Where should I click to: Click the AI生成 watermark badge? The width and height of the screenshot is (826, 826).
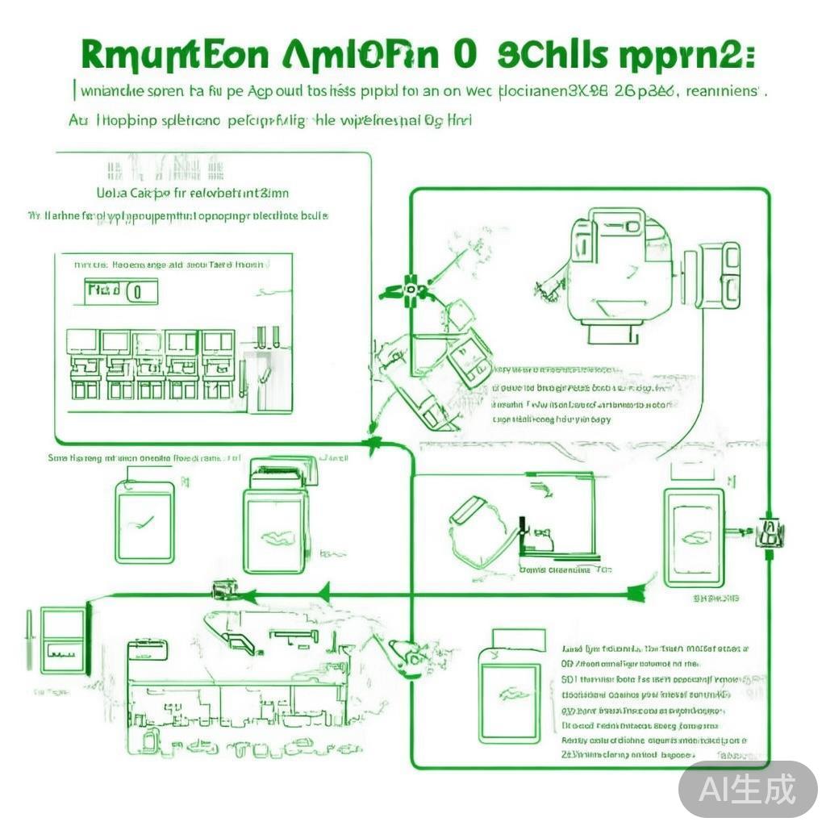tap(747, 788)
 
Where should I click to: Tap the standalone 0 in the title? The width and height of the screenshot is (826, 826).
tap(465, 56)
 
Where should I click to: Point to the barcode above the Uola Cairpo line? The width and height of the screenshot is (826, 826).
tap(165, 170)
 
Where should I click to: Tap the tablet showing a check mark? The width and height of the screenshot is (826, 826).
tap(144, 522)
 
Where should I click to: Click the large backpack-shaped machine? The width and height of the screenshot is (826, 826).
tap(609, 266)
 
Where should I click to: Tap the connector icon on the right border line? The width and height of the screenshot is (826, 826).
tap(770, 532)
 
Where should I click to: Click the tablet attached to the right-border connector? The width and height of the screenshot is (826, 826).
tap(695, 536)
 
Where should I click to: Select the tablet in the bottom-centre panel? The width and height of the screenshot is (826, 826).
tap(507, 694)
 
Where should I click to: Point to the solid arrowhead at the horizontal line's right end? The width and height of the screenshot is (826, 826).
tap(637, 595)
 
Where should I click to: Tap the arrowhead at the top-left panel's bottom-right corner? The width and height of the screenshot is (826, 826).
tap(373, 442)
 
